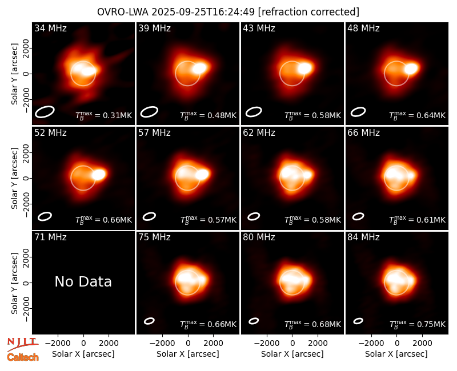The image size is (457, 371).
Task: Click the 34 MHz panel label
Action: (x=50, y=28)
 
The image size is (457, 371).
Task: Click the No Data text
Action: (x=83, y=281)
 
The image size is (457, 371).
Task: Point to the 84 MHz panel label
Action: (x=363, y=237)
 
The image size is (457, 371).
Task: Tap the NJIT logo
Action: (x=22, y=344)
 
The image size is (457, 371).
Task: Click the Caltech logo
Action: (x=23, y=357)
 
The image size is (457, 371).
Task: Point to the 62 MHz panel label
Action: (x=259, y=133)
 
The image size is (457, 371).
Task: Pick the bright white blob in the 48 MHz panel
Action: (x=411, y=68)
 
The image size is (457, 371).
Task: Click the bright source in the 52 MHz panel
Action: (x=99, y=175)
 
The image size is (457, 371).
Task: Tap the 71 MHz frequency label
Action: (x=50, y=237)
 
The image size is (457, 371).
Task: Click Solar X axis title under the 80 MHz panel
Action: (x=292, y=354)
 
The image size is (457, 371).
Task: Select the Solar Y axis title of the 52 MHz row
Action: (x=14, y=178)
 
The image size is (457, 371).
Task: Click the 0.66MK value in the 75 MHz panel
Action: (x=222, y=324)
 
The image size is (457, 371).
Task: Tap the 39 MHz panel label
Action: (x=154, y=28)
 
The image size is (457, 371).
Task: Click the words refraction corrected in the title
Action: (x=308, y=12)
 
